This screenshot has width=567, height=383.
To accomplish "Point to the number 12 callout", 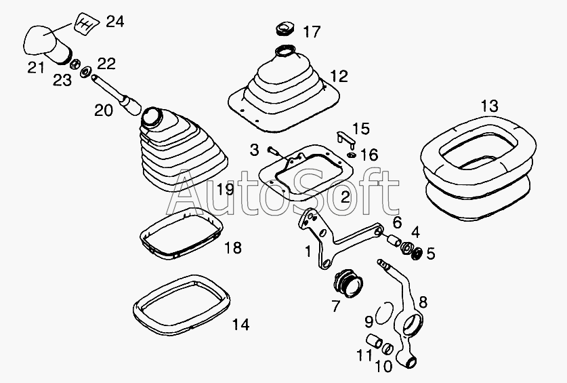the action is [339, 76].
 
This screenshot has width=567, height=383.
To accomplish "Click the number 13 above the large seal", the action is [489, 106].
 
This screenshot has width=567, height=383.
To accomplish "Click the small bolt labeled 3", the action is [274, 150].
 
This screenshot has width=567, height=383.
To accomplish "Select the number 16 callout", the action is [370, 155].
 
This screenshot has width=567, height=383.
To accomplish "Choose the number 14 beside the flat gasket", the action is [240, 325].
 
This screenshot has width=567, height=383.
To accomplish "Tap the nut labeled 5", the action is [417, 254].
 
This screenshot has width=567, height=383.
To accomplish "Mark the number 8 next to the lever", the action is [423, 302].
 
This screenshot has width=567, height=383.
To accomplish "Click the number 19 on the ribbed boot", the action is [226, 189].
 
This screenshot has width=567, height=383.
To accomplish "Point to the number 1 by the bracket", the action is [308, 251].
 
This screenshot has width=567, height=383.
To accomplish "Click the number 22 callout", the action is [106, 64].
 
